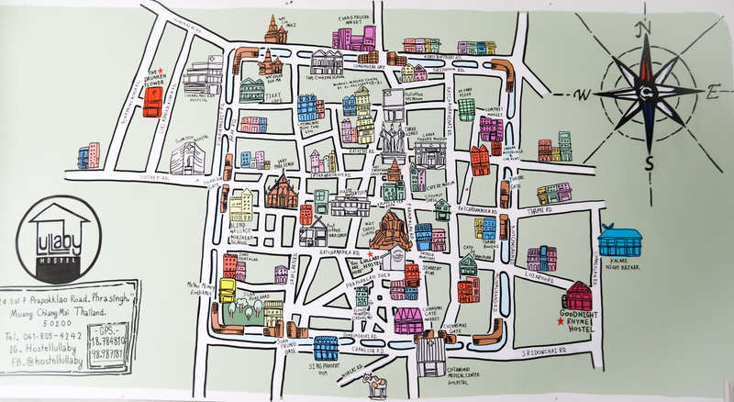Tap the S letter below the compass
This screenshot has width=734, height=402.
pos(650,163)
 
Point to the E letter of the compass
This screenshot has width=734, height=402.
pos(713,92)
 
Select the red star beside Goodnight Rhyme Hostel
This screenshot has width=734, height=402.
pos(560,322)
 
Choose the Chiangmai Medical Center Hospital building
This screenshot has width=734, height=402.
pos(429,353)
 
